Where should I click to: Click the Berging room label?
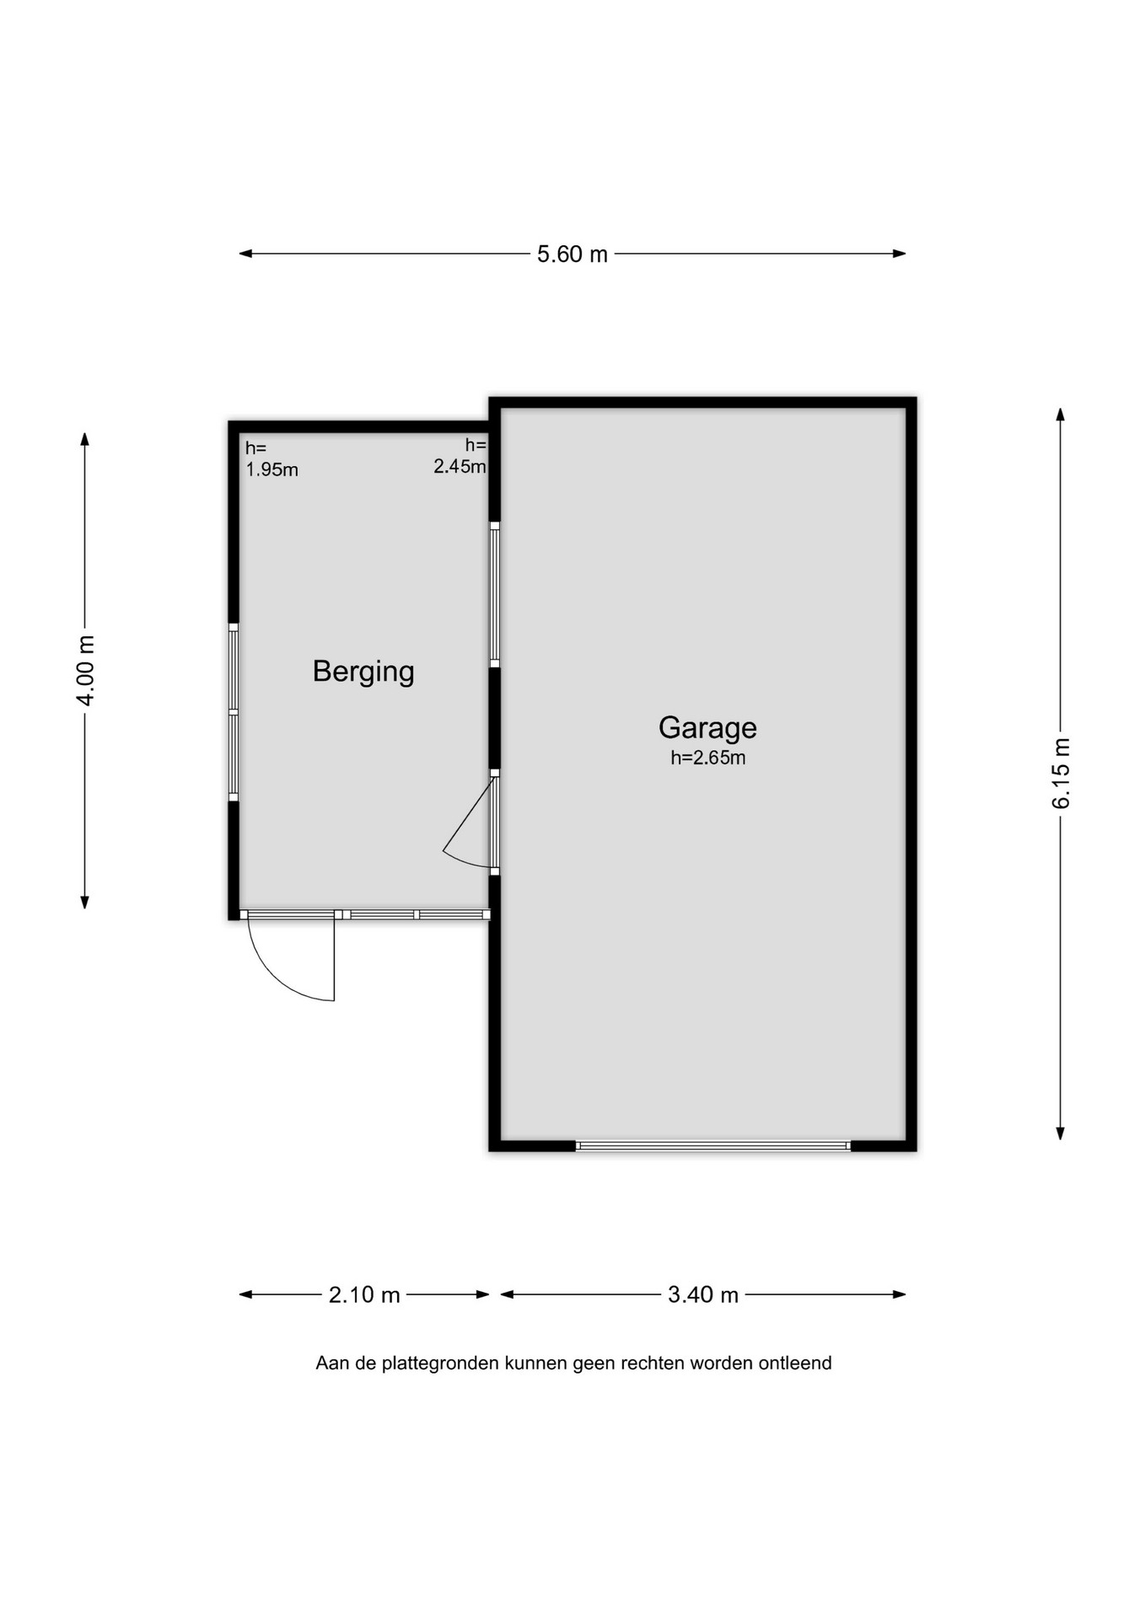(363, 672)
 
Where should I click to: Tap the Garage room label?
(707, 728)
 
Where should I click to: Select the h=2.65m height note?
(708, 758)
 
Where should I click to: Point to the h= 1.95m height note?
(271, 459)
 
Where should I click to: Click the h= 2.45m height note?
(460, 456)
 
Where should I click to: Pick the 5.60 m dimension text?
(572, 254)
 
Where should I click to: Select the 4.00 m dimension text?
(85, 671)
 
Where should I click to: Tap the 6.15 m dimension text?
(1061, 774)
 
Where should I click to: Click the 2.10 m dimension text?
(364, 1294)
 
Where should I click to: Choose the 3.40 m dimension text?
(703, 1294)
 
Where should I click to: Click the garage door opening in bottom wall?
(713, 1146)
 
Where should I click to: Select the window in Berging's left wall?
(234, 713)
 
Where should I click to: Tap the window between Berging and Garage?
(495, 595)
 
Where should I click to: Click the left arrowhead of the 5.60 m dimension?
(245, 254)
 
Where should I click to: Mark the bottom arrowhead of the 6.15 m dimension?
(1061, 1133)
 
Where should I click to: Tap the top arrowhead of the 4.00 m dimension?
(84, 439)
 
